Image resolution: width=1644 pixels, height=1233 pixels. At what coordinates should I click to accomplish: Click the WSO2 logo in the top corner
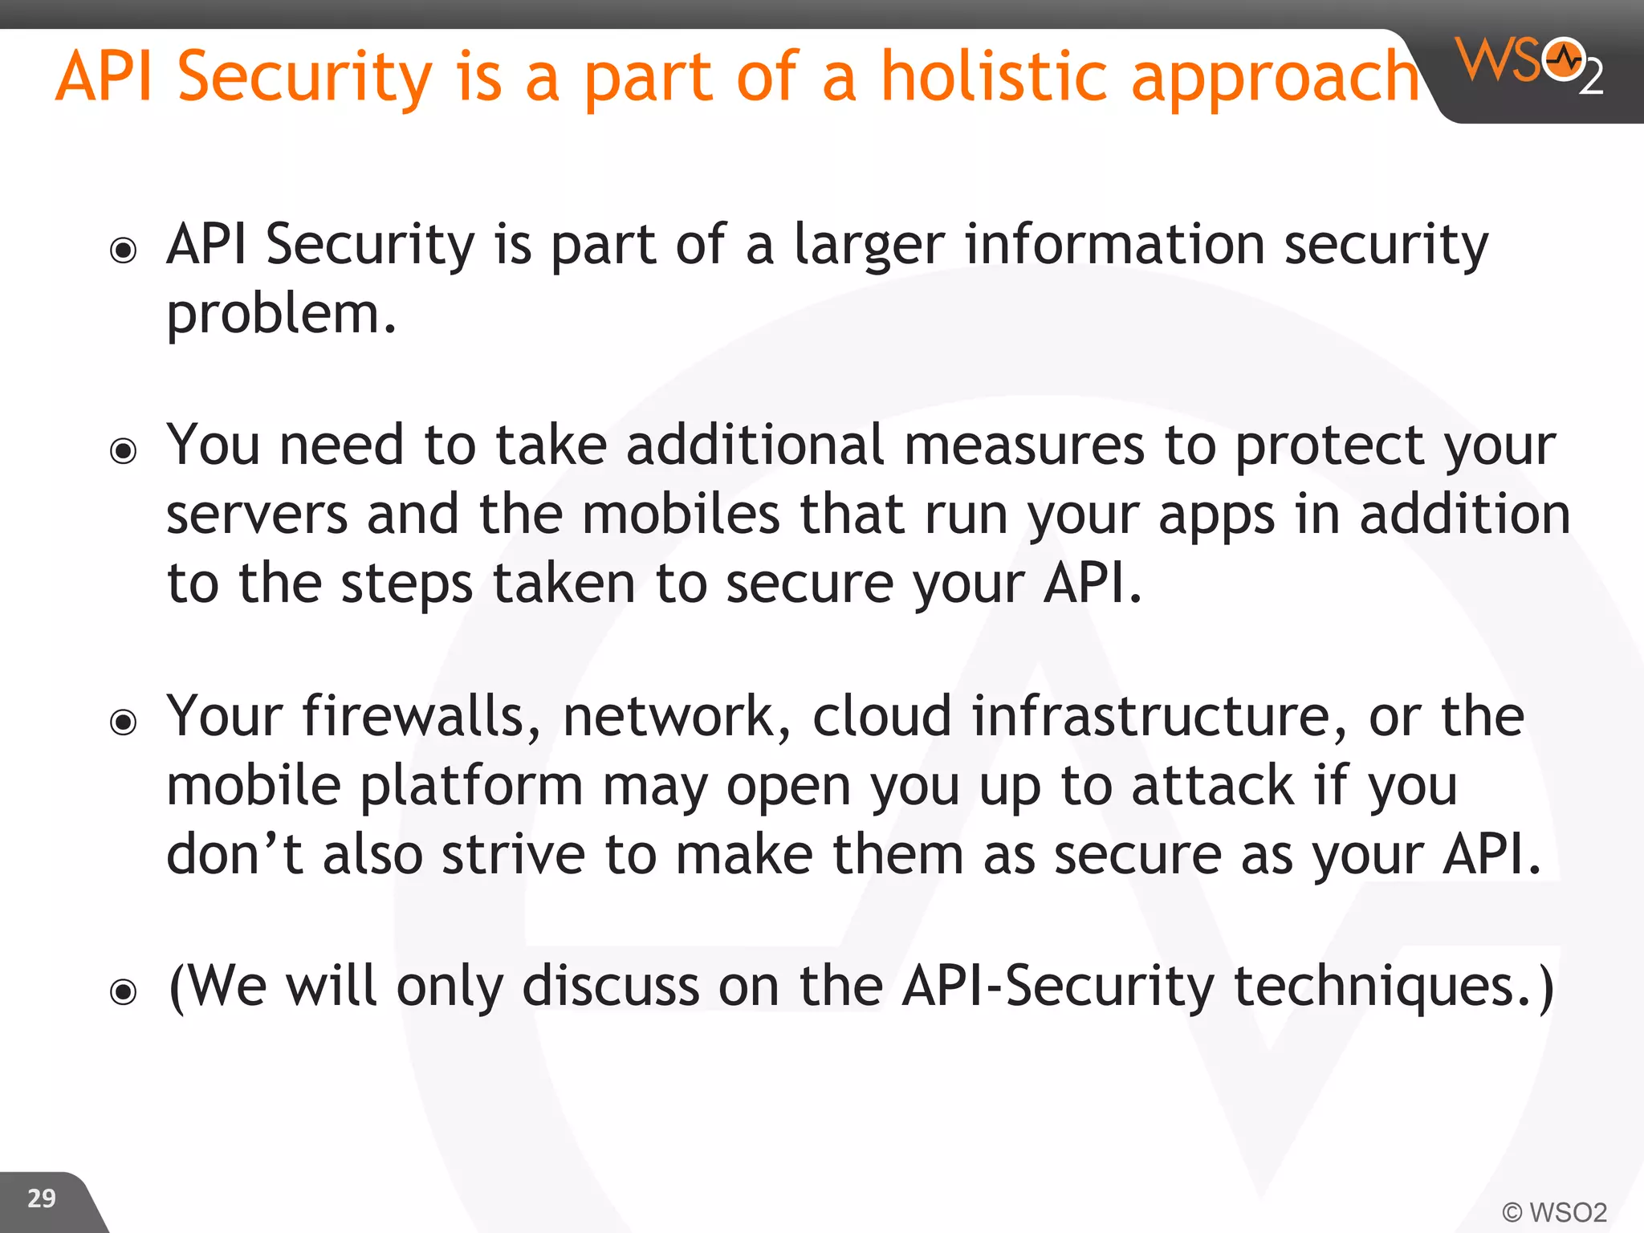[x=1529, y=64]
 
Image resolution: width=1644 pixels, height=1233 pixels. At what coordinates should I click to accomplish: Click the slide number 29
[x=42, y=1198]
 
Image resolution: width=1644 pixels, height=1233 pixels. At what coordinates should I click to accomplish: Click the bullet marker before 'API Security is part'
[x=124, y=250]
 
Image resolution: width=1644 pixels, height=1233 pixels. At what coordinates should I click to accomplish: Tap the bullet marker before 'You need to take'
[x=124, y=450]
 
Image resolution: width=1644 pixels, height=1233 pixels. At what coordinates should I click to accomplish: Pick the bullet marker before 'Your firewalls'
[x=124, y=722]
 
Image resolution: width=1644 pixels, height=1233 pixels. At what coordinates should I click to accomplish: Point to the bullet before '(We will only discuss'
[x=124, y=992]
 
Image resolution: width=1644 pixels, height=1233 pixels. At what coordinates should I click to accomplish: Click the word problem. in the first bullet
[x=281, y=315]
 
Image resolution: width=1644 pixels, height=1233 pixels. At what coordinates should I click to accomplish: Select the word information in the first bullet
[x=1114, y=245]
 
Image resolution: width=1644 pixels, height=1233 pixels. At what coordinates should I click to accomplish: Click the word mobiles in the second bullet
[x=681, y=515]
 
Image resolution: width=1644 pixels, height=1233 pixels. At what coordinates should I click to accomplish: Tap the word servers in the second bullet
[x=257, y=515]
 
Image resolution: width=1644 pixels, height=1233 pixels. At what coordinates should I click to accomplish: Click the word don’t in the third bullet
[x=234, y=854]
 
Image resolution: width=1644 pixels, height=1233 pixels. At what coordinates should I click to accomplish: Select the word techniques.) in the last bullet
[x=1394, y=987]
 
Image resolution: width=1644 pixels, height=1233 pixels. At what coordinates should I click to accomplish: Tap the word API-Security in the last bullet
[x=1058, y=987]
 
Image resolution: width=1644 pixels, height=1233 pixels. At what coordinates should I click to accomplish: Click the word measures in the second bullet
[x=1024, y=446]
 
